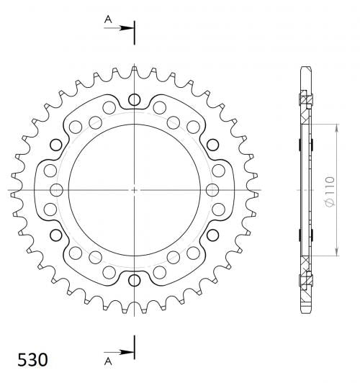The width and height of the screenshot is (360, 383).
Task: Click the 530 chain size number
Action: tap(32, 359)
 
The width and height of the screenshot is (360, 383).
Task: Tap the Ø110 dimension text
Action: tap(330, 191)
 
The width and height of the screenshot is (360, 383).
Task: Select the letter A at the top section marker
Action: tap(108, 19)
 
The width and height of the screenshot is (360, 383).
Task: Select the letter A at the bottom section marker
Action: tap(108, 361)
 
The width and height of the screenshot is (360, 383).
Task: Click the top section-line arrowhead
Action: tap(127, 28)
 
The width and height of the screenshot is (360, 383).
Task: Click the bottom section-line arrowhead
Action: tap(127, 352)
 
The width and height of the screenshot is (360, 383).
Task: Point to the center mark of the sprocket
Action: tap(134, 190)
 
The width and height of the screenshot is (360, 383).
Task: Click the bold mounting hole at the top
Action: tap(135, 99)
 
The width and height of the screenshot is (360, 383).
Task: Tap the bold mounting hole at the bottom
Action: tap(135, 280)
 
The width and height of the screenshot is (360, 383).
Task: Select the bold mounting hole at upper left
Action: tap(56, 145)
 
